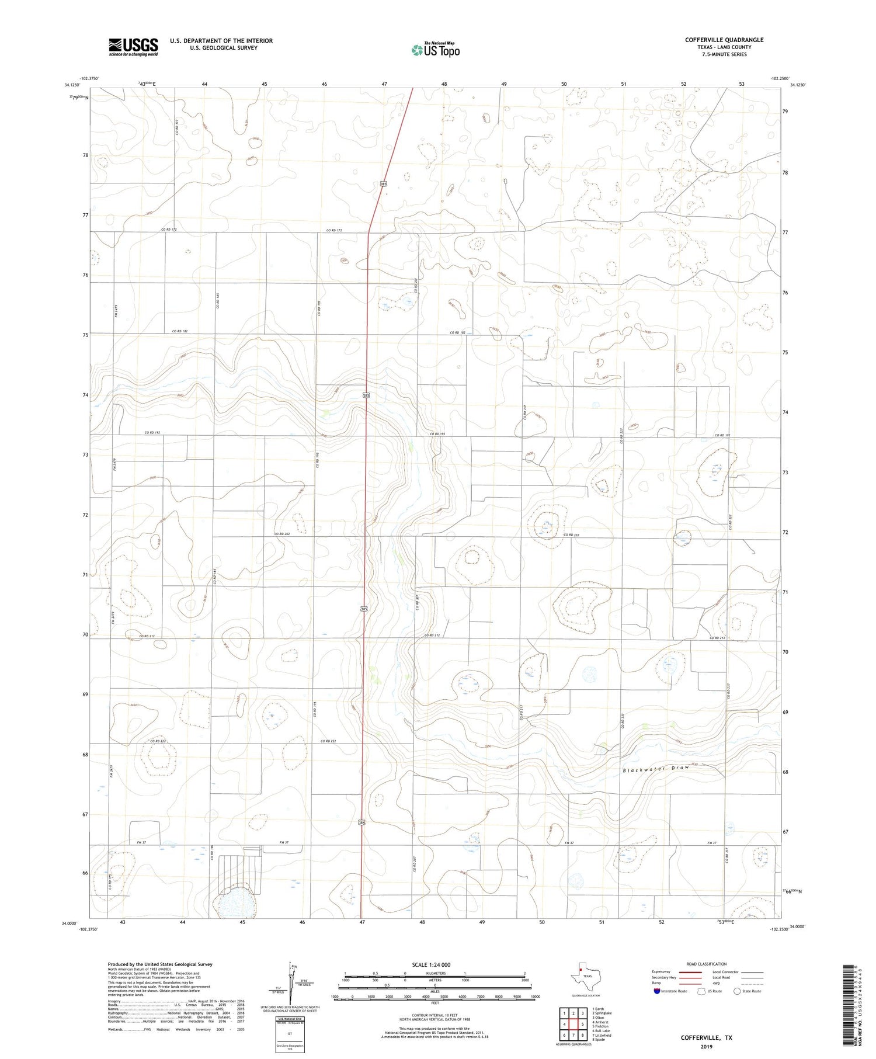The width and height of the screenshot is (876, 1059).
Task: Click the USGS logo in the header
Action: (x=133, y=47)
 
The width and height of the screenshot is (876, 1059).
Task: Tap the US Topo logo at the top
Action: (x=435, y=50)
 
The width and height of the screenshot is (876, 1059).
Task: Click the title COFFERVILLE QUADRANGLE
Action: (x=724, y=40)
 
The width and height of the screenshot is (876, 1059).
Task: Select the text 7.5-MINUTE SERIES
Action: (x=724, y=54)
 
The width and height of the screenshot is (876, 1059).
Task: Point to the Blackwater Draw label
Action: (x=656, y=769)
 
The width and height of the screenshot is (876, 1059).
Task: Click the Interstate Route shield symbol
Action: (x=656, y=991)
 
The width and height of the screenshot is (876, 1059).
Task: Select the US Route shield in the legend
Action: (x=702, y=991)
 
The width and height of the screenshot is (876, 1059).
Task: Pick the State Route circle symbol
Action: (x=737, y=991)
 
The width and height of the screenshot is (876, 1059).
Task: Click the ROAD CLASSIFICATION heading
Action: (x=706, y=964)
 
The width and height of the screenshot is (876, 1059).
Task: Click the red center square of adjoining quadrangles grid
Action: (x=575, y=1024)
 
